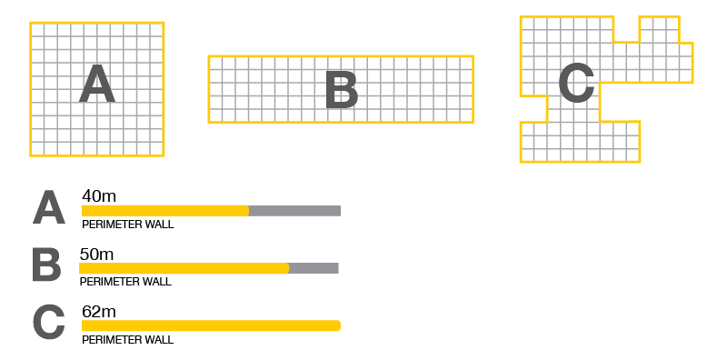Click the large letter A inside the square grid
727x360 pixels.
[x=97, y=84]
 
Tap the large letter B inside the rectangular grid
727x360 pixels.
[x=342, y=90]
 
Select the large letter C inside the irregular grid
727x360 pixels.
[x=576, y=83]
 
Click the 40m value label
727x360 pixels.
[x=99, y=196]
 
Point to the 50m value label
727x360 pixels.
[x=96, y=255]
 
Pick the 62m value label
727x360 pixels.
[x=99, y=312]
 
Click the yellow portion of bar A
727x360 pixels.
[x=165, y=211]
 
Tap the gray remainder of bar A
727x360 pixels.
[x=294, y=211]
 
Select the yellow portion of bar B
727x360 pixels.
[x=184, y=268]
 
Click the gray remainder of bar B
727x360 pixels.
[x=314, y=268]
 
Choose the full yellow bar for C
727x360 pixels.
[x=212, y=325]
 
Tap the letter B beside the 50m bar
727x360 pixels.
[x=47, y=265]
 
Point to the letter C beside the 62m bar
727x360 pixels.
[x=49, y=323]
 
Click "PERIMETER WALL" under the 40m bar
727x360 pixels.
[x=128, y=225]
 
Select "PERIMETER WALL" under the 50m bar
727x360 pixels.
[x=125, y=282]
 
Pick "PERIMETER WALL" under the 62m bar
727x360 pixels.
[x=128, y=340]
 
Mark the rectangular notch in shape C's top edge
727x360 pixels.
[x=626, y=29]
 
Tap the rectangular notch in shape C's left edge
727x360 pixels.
[x=533, y=109]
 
